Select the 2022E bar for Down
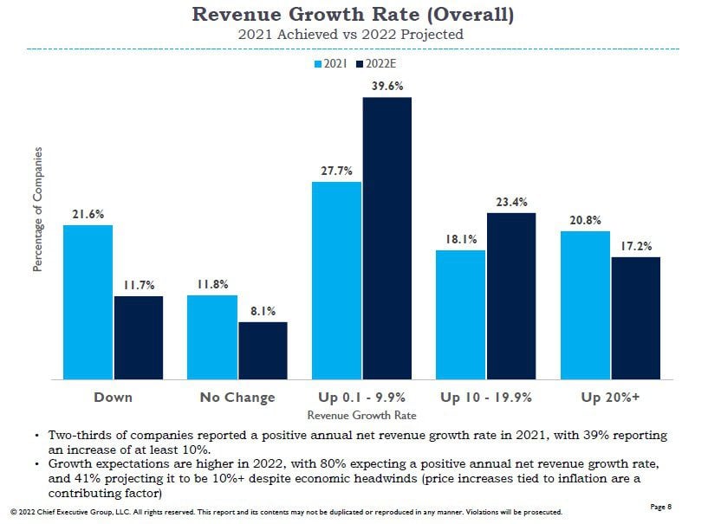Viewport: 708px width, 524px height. (x=138, y=337)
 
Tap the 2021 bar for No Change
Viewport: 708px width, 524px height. (x=212, y=337)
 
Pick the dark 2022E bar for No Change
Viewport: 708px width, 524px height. (x=263, y=350)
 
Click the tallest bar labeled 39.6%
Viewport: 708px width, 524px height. (x=386, y=237)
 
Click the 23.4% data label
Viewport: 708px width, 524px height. (x=511, y=203)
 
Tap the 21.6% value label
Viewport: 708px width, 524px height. (x=88, y=215)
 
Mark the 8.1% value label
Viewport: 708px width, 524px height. (x=263, y=312)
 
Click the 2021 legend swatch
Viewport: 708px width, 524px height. (x=318, y=64)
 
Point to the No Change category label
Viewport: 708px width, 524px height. (x=237, y=398)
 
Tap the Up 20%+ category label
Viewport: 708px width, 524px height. (x=610, y=398)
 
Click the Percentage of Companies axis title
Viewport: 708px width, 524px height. (x=38, y=209)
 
